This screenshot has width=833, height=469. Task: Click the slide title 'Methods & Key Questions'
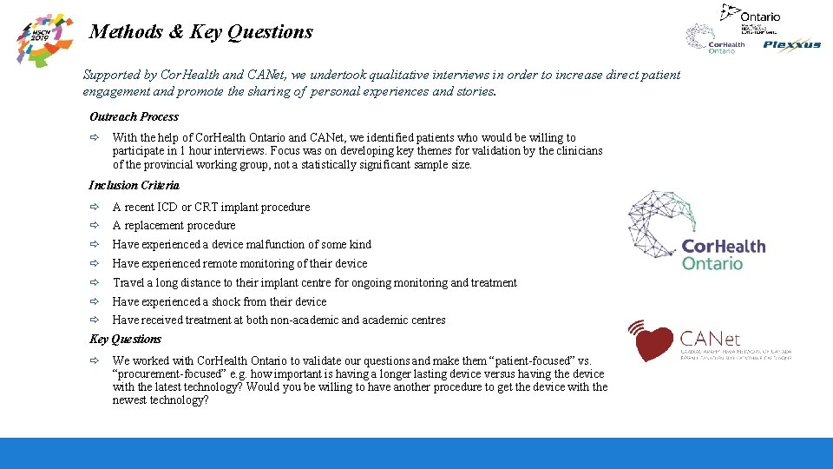pos(201,32)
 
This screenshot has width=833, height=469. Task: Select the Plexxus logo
pos(791,45)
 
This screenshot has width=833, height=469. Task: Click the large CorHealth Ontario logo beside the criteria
pos(696,233)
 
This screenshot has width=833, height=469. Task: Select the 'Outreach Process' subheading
pos(134,117)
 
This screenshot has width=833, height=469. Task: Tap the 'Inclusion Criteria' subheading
pos(134,185)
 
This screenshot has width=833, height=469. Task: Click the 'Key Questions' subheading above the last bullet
pos(125,340)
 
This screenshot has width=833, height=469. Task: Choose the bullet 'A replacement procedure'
pos(174,226)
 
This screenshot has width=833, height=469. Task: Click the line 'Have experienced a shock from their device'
pos(220,302)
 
